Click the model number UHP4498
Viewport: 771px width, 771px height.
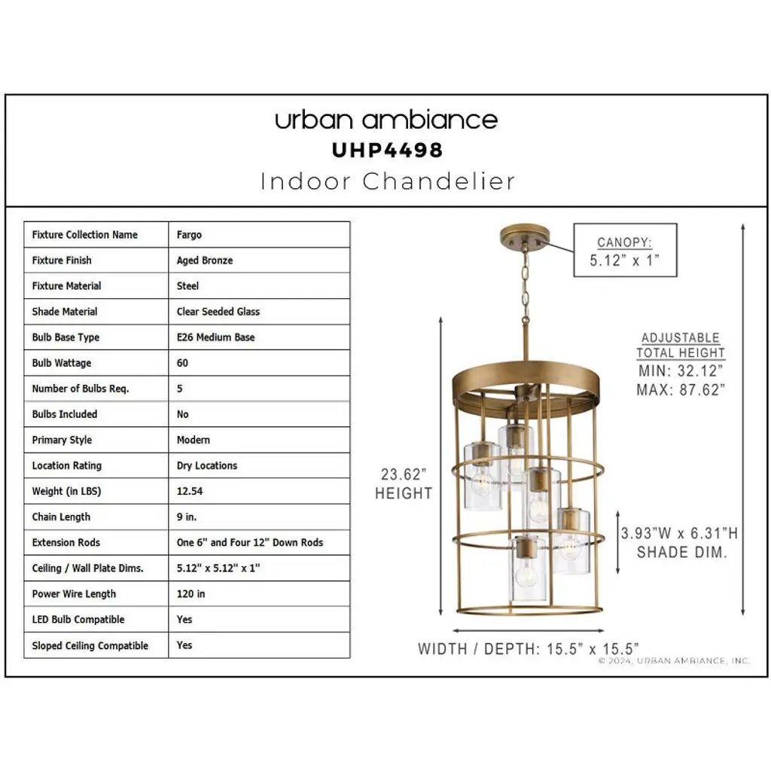point(388,151)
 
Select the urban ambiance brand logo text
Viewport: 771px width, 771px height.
point(386,120)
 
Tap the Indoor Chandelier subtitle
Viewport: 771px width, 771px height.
point(388,181)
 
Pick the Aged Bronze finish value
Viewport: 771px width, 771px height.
point(205,261)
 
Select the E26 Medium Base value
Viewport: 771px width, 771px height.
point(215,337)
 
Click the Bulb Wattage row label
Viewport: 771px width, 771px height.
point(62,364)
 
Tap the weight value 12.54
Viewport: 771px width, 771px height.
point(189,491)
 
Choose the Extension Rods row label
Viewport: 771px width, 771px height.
point(66,542)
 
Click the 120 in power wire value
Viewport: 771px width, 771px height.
point(190,594)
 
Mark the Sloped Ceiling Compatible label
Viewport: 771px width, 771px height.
point(90,645)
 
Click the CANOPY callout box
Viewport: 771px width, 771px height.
point(625,250)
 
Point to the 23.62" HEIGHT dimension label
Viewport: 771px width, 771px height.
point(404,484)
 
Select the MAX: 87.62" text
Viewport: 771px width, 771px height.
point(681,390)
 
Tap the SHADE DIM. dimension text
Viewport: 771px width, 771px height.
point(681,552)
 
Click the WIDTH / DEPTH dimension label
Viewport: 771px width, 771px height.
point(528,649)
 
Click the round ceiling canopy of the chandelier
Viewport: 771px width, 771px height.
point(525,236)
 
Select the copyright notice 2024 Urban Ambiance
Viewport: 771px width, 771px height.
point(674,661)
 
